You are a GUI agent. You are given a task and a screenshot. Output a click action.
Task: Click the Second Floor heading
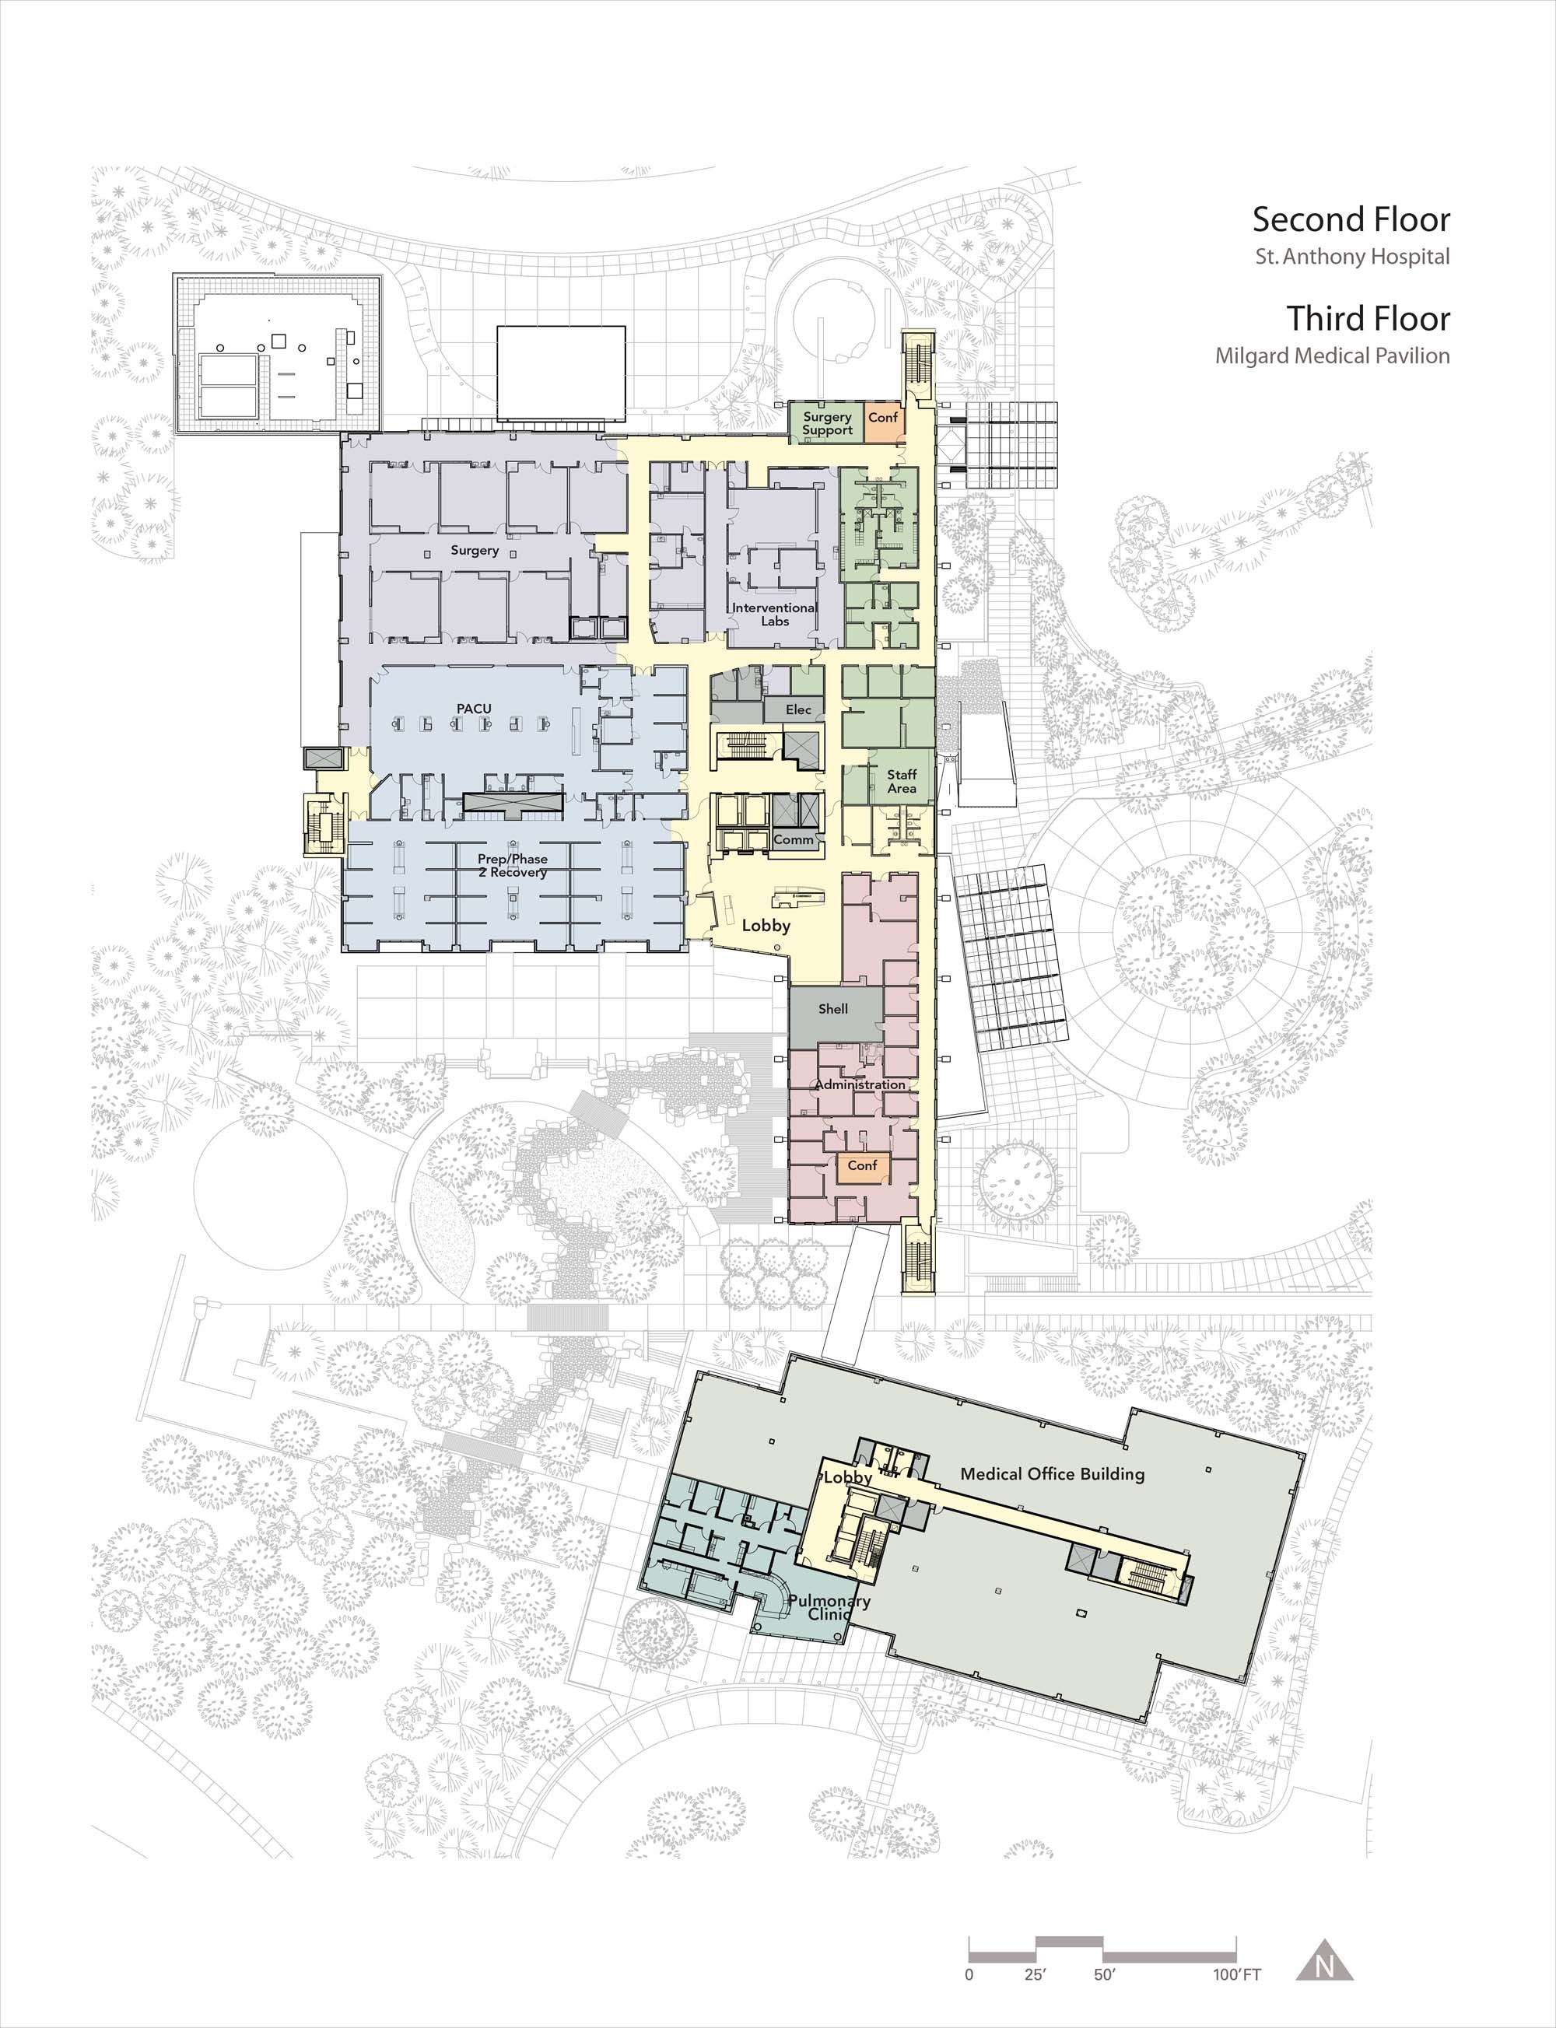[x=1351, y=219]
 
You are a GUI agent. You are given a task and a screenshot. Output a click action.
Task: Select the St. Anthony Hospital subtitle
[x=1352, y=257]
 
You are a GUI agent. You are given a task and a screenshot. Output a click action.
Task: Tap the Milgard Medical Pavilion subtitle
[x=1333, y=356]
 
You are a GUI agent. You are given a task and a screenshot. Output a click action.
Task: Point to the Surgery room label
[x=475, y=550]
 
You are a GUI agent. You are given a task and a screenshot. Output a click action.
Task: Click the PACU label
[x=473, y=709]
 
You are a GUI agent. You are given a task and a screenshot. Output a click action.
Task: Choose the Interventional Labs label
[x=774, y=614]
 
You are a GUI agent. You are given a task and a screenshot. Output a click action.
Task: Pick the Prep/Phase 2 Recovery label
[x=512, y=865]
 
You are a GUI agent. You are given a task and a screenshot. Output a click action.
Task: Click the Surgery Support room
[x=826, y=422]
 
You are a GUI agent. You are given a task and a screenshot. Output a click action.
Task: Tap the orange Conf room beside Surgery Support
[x=883, y=422]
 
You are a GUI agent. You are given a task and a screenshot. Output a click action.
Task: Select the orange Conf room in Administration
[x=862, y=1166]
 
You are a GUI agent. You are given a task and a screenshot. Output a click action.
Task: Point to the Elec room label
[x=798, y=709]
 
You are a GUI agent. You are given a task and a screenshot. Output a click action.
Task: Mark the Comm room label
[x=794, y=839]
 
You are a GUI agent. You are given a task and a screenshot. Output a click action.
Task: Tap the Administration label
[x=860, y=1084]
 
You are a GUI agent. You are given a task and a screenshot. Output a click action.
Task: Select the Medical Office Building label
[x=1052, y=1474]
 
